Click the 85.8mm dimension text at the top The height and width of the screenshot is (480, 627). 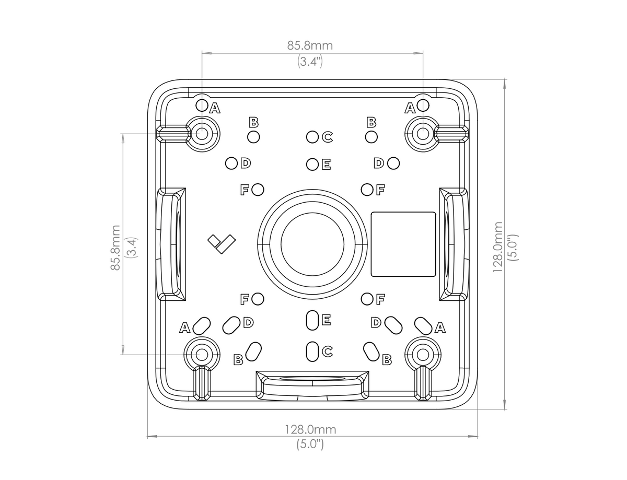[310, 45]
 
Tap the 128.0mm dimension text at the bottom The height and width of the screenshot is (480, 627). [310, 429]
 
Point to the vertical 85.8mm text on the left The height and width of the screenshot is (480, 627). [115, 247]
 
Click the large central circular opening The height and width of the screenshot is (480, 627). [312, 244]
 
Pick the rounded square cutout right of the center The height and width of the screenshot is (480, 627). [403, 244]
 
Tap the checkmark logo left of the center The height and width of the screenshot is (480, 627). [222, 243]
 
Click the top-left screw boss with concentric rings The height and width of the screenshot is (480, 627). [202, 133]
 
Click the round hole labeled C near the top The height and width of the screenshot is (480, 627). [312, 137]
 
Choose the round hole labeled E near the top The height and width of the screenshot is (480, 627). [312, 165]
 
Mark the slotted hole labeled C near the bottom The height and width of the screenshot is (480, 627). [312, 350]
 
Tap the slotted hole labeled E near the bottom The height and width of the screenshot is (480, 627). [312, 320]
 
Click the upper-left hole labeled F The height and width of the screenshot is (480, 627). [257, 189]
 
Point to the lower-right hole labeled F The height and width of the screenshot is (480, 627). [368, 299]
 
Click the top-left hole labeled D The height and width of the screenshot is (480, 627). [231, 163]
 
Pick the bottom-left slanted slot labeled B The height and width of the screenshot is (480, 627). [253, 351]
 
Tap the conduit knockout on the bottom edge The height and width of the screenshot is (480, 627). [312, 385]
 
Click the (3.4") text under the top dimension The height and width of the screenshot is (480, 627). [310, 62]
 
